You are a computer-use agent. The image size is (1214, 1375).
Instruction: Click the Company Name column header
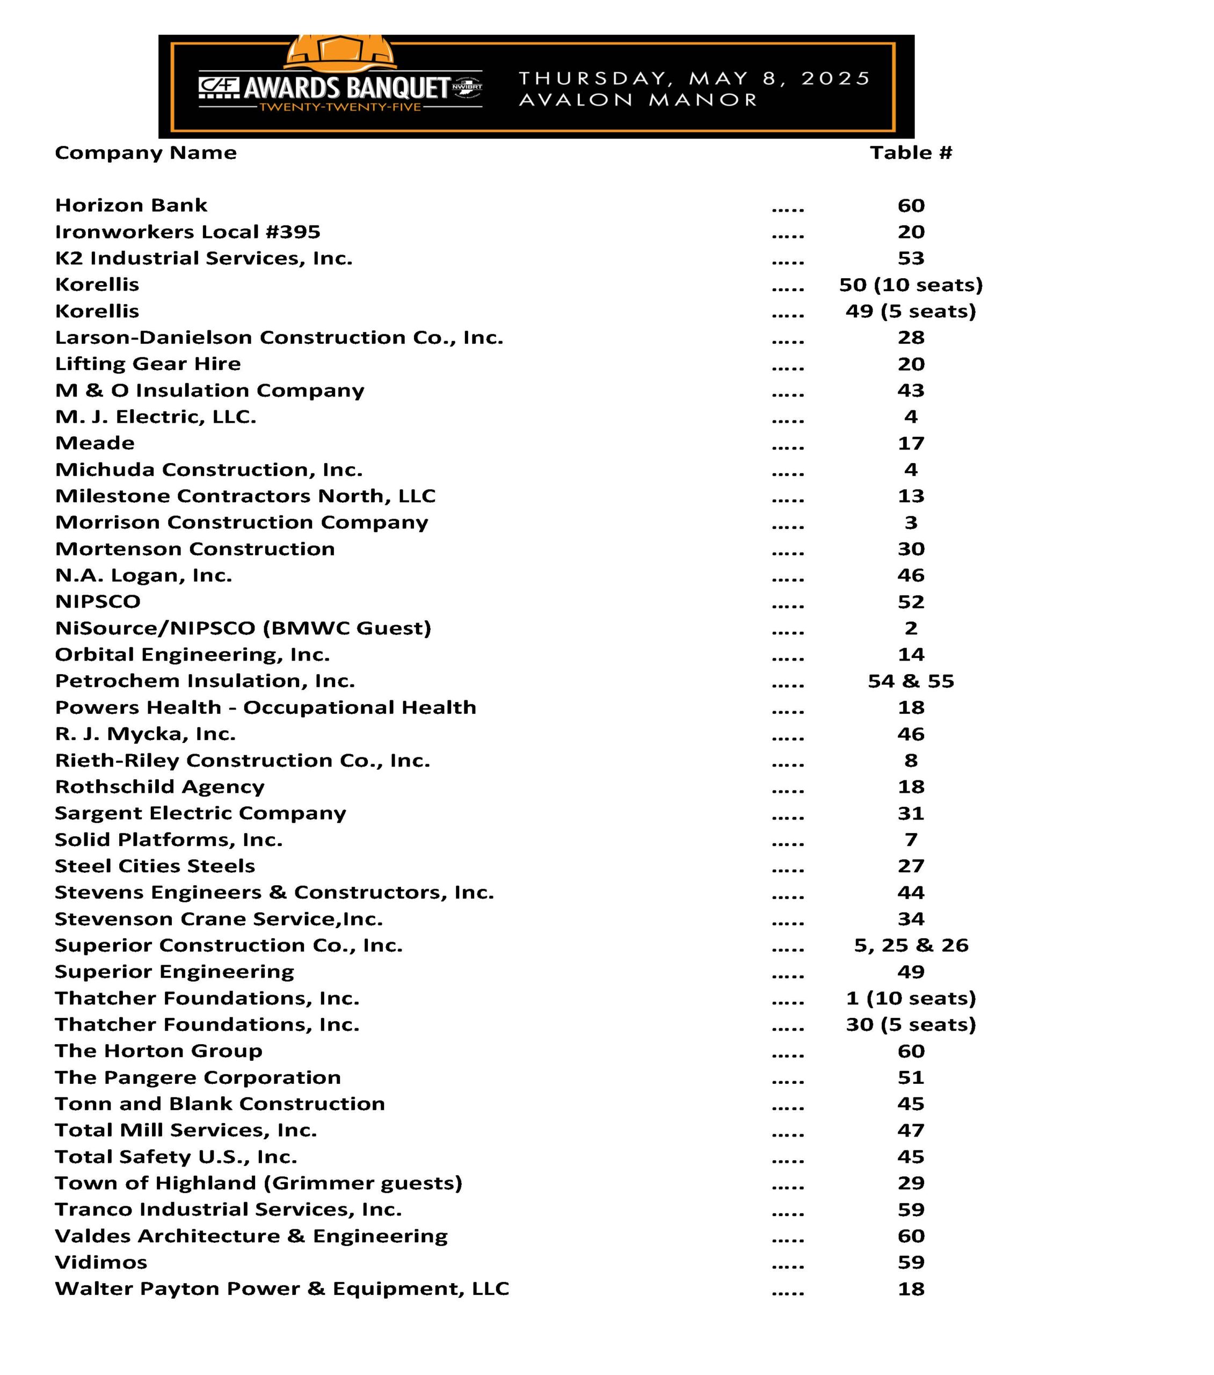pyautogui.click(x=146, y=153)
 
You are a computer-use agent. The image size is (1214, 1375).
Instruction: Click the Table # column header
pyautogui.click(x=911, y=153)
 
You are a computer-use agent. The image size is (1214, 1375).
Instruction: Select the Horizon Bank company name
pyautogui.click(x=131, y=205)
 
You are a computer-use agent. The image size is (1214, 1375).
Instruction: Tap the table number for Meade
pyautogui.click(x=911, y=443)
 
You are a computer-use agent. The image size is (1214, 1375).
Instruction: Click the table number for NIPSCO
pyautogui.click(x=911, y=602)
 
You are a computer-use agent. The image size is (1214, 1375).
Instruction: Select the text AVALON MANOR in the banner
pyautogui.click(x=637, y=100)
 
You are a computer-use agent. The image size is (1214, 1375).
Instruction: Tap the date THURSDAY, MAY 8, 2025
pyautogui.click(x=694, y=79)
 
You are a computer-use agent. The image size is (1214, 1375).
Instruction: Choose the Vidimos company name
pyautogui.click(x=101, y=1262)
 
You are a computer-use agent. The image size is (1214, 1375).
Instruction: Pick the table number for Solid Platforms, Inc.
pyautogui.click(x=911, y=840)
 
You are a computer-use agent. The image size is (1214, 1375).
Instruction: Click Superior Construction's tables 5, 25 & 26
pyautogui.click(x=911, y=945)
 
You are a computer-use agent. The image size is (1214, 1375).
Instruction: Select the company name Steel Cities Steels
pyautogui.click(x=155, y=866)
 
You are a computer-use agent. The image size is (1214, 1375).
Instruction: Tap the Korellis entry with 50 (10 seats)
pyautogui.click(x=97, y=285)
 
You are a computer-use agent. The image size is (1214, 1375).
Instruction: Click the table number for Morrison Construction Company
pyautogui.click(x=911, y=523)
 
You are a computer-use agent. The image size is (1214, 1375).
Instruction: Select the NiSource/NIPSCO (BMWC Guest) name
pyautogui.click(x=243, y=628)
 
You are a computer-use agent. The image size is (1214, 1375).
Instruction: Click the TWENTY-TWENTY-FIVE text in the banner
pyautogui.click(x=340, y=107)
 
